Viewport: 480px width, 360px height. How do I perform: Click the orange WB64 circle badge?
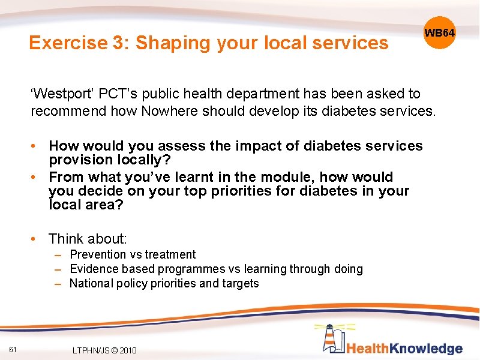point(440,32)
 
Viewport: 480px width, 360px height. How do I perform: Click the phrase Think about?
point(88,239)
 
